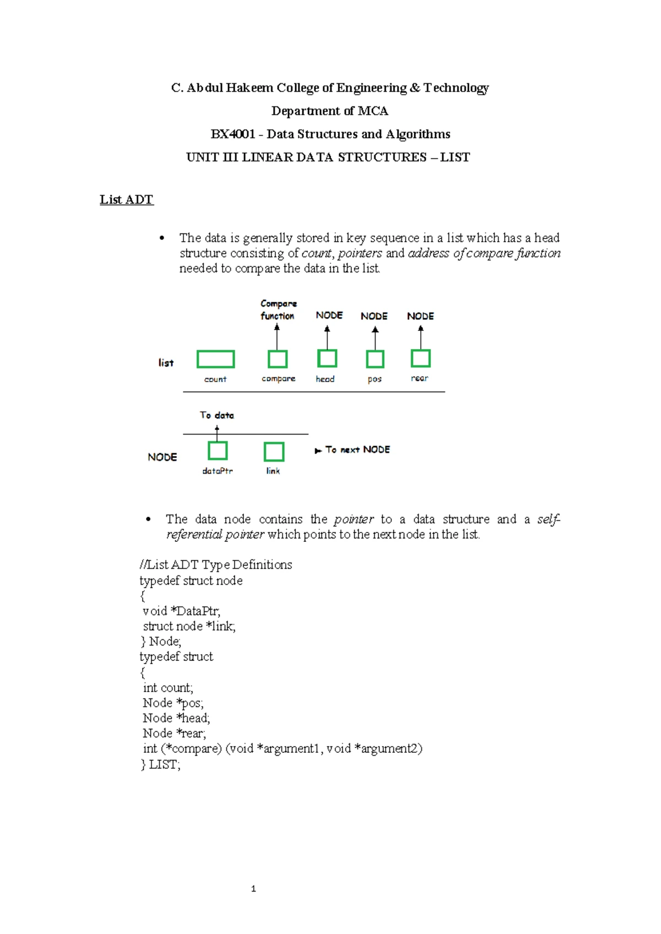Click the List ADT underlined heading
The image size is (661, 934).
126,200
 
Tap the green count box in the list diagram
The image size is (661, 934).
215,359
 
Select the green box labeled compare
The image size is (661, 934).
278,359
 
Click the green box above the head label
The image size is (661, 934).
327,359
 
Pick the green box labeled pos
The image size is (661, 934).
375,359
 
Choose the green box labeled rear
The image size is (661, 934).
420,359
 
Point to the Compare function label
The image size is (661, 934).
278,309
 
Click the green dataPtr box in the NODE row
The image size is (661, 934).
218,451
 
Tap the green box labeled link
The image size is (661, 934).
274,452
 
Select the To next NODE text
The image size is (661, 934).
357,450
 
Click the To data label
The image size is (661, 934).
217,415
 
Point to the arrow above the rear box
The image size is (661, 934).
421,338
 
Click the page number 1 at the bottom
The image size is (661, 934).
253,888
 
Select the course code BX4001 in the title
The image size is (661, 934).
232,134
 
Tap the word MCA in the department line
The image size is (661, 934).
373,111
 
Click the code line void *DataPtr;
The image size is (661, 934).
181,611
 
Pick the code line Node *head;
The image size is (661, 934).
176,718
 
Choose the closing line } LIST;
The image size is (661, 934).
160,764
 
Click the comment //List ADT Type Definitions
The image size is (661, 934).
216,564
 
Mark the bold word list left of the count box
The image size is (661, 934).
166,363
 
